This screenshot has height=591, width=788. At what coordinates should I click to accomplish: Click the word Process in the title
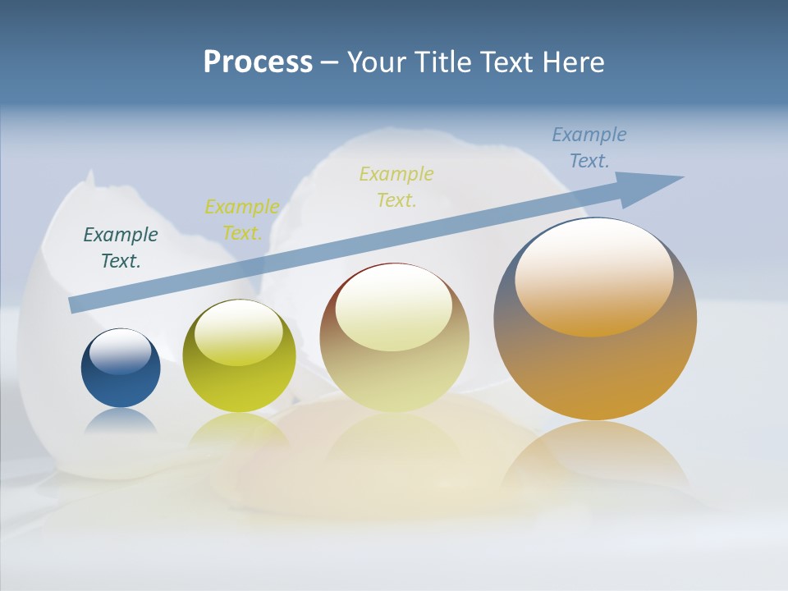[x=258, y=62]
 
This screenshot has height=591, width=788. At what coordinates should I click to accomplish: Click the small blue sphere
[x=121, y=379]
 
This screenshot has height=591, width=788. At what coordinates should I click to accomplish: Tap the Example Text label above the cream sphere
[x=396, y=186]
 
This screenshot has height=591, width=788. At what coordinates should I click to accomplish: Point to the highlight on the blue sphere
[x=120, y=352]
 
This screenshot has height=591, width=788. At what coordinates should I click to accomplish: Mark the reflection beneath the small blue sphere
[x=120, y=420]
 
